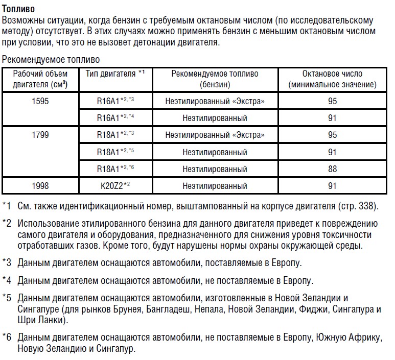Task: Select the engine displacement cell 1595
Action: pos(40,101)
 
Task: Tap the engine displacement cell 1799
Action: pos(40,135)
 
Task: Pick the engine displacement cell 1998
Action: pos(40,185)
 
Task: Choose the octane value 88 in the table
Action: pos(332,169)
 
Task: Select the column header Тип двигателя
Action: pos(115,74)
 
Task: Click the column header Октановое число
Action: pos(332,79)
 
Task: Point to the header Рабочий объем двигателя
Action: pos(40,79)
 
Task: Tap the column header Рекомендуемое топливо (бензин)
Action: pos(215,79)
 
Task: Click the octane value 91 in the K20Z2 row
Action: pos(332,185)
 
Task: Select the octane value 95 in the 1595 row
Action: pos(332,101)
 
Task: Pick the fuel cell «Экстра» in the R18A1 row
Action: pos(215,135)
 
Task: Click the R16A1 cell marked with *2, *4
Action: pos(115,118)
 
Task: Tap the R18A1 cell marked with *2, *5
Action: pos(115,152)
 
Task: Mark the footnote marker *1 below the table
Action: pos(6,206)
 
